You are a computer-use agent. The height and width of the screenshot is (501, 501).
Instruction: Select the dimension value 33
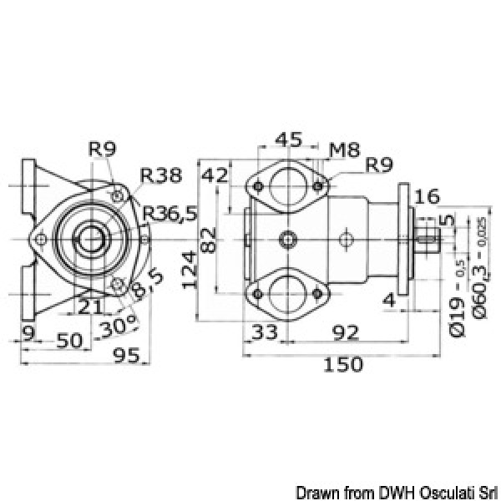point(263,333)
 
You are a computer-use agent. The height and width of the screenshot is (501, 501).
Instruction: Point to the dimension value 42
point(213,176)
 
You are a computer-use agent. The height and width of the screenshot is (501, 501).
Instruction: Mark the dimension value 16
point(426,197)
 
